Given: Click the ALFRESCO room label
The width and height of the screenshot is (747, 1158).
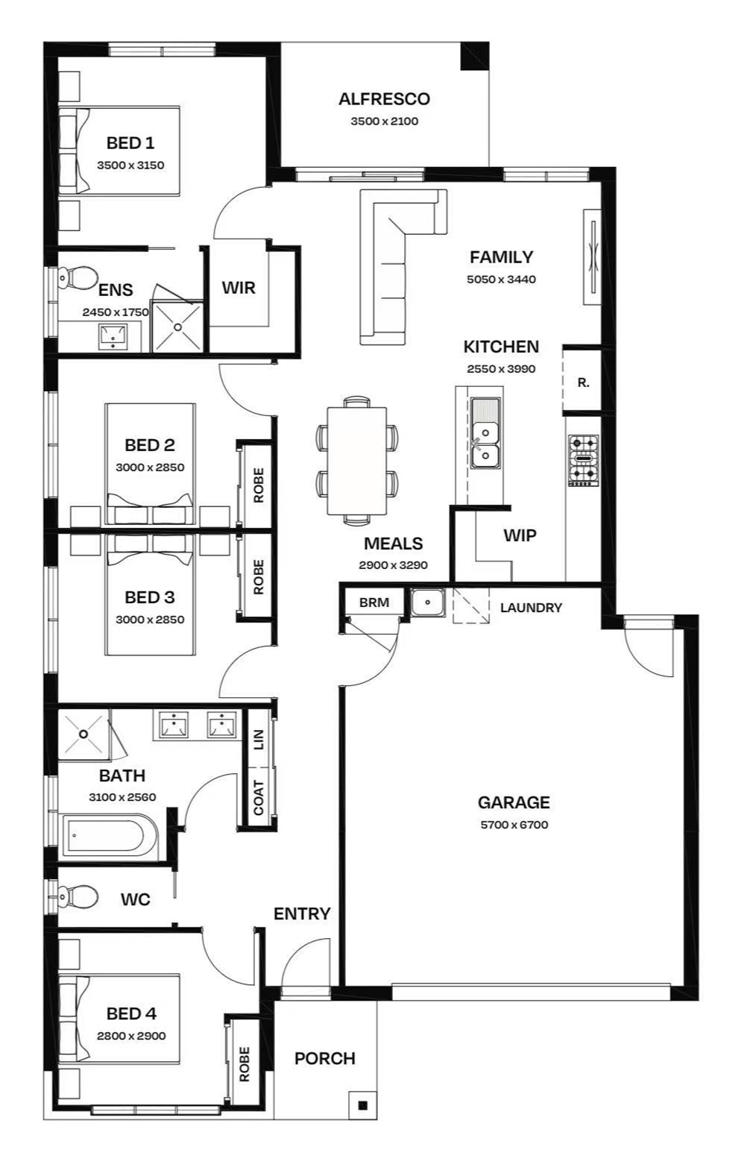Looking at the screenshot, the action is tap(384, 98).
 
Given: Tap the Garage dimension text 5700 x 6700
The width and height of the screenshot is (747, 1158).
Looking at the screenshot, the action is tap(514, 825).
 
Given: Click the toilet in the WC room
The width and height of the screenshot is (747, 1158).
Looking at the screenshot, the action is tap(78, 896).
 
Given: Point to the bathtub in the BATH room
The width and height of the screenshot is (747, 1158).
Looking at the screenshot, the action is tap(110, 835).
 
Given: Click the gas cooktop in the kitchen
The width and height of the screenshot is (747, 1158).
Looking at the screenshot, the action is tap(584, 460).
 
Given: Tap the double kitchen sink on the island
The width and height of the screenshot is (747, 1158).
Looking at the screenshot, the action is tap(485, 433).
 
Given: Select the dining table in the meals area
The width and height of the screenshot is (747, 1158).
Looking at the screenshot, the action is tap(356, 461).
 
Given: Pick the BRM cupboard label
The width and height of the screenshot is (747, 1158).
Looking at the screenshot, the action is tap(374, 602).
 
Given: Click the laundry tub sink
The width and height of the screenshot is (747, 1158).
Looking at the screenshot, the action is tap(427, 602).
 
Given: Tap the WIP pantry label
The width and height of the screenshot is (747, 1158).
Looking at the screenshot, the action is tap(520, 535).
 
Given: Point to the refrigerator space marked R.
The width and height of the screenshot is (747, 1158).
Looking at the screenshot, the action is tap(583, 383).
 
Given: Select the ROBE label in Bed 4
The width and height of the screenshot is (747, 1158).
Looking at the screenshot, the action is tap(245, 1064).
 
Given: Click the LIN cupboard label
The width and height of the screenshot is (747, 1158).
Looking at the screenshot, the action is tap(259, 740).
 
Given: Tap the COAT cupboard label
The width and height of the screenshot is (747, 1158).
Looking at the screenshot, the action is tap(259, 797).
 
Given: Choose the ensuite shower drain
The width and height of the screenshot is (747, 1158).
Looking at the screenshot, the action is tap(178, 327).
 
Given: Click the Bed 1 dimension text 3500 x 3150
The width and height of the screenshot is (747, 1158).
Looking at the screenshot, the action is tap(130, 166).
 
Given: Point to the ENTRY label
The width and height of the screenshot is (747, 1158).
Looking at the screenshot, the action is tap(302, 913).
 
